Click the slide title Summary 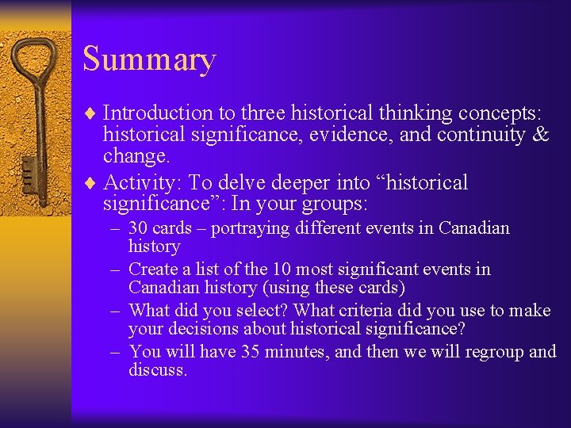coord(148,60)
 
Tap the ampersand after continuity coord(542,135)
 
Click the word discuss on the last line coord(157,370)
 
